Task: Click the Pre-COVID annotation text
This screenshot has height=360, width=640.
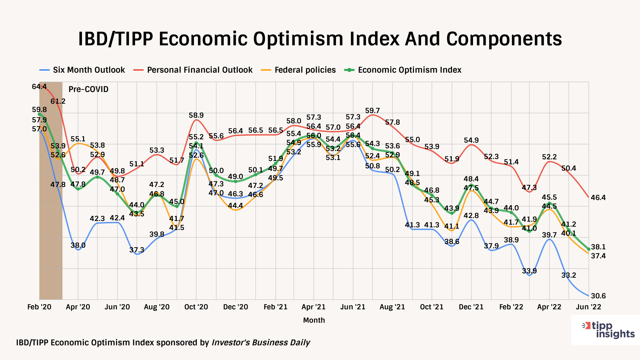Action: [88, 89]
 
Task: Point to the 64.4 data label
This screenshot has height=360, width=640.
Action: [39, 87]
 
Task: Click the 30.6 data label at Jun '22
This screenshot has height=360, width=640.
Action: [598, 296]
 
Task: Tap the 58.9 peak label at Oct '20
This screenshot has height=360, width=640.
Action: [196, 115]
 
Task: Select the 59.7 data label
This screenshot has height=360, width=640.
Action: [372, 111]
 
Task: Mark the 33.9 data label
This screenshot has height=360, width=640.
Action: [529, 271]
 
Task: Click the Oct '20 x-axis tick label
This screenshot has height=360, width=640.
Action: [196, 307]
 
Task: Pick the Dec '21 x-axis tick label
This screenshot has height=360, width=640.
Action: [471, 307]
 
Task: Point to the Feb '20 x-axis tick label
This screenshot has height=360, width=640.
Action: [39, 307]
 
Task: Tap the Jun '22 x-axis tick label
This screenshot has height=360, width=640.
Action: [589, 307]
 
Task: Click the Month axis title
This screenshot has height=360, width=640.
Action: [314, 320]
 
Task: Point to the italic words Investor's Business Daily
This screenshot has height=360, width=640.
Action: [261, 343]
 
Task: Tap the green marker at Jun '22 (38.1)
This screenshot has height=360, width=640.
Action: [589, 249]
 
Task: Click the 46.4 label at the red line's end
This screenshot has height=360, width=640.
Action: [598, 198]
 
